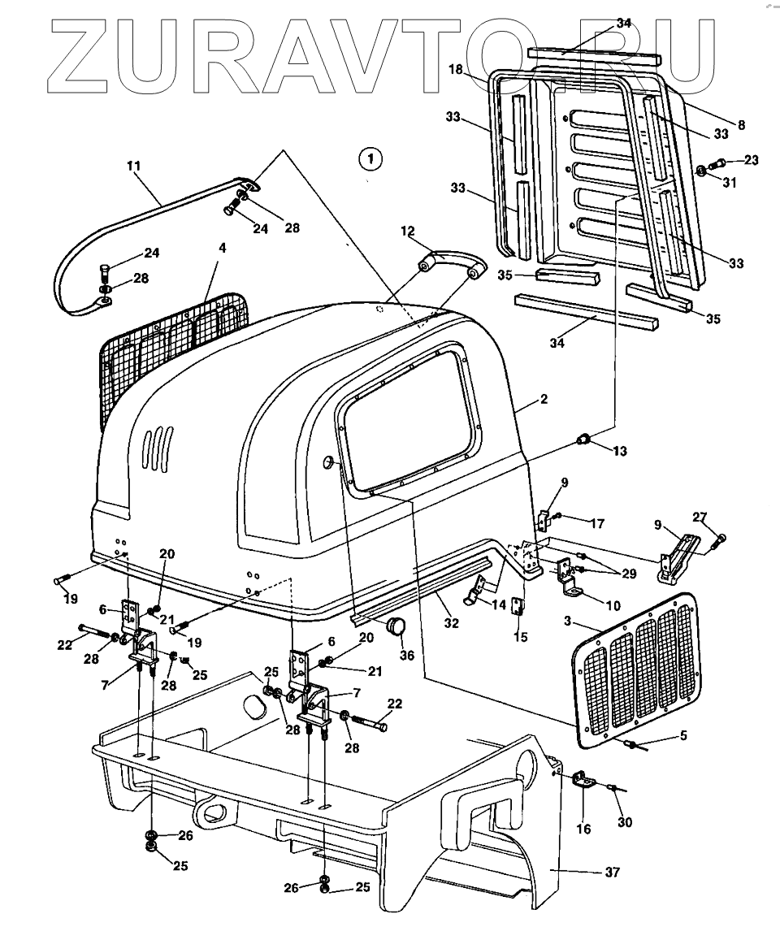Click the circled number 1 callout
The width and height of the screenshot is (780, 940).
tap(370, 159)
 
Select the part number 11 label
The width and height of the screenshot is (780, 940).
tap(134, 166)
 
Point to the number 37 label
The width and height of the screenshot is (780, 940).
tap(612, 872)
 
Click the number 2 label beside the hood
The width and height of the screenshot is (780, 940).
tap(544, 399)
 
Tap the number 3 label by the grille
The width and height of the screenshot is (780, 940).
tap(568, 621)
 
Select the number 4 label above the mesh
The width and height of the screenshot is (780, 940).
tap(223, 247)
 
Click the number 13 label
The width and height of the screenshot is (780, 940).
tap(619, 450)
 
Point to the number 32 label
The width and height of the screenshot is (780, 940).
tap(452, 623)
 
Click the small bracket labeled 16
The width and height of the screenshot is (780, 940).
tap(583, 782)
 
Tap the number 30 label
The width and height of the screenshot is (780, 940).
tap(625, 822)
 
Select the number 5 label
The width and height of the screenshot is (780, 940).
tap(683, 735)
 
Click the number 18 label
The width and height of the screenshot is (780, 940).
tap(456, 70)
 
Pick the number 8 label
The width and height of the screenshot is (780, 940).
tap(742, 124)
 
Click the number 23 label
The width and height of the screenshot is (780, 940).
tap(751, 160)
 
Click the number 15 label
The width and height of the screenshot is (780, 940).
tap(520, 637)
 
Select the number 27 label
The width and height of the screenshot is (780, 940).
tap(700, 517)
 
